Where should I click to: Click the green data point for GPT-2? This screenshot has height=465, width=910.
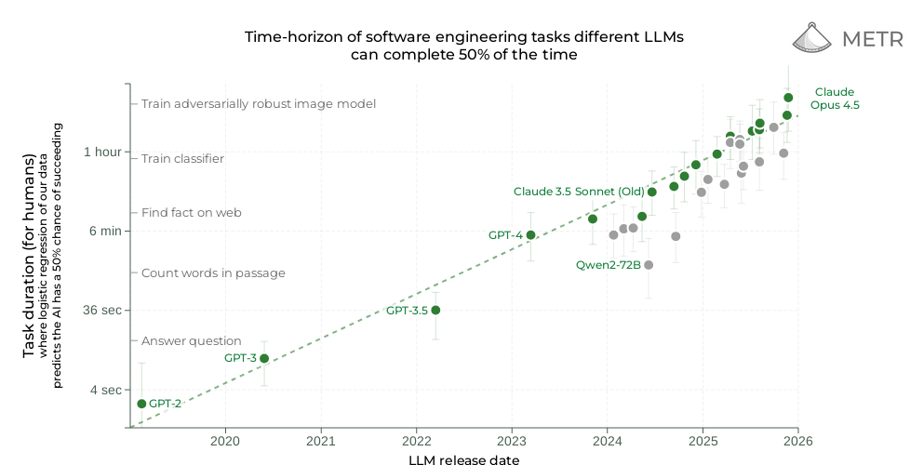click(x=141, y=404)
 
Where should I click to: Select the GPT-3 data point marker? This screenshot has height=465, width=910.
click(x=264, y=358)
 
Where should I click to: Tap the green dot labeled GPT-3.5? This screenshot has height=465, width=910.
click(x=435, y=310)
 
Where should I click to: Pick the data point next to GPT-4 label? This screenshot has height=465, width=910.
click(x=530, y=235)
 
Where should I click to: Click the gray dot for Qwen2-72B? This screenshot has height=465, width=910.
click(x=649, y=265)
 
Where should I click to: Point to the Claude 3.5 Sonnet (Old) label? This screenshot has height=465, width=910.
click(x=578, y=192)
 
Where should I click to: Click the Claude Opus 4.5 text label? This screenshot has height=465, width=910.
click(x=835, y=99)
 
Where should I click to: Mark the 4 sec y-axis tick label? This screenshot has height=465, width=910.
click(x=106, y=390)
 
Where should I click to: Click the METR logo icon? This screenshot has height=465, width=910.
click(x=813, y=37)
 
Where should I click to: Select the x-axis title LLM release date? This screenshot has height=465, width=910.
click(x=463, y=458)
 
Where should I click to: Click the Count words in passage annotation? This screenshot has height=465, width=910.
click(x=213, y=273)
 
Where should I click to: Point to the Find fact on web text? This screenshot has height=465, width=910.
click(x=192, y=212)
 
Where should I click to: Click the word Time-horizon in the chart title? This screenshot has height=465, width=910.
click(x=289, y=37)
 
